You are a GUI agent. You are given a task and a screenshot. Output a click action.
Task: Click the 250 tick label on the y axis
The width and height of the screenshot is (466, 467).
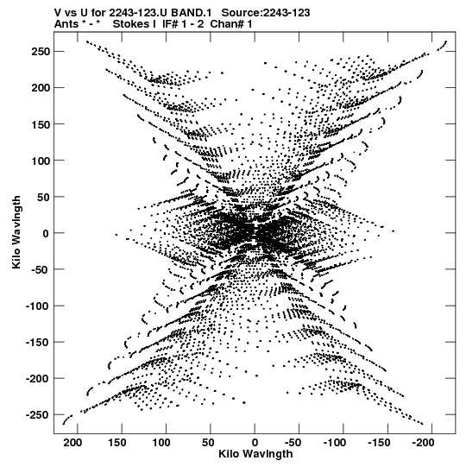click(x=41, y=52)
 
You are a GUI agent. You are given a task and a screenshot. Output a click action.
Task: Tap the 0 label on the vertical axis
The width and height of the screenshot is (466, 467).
click(x=46, y=233)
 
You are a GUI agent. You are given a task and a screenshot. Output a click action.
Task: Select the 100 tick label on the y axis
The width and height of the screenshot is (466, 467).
click(x=41, y=161)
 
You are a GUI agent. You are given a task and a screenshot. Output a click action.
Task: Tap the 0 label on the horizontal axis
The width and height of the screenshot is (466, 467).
click(x=255, y=443)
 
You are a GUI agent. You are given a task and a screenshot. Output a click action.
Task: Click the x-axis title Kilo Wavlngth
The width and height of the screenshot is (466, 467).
click(x=255, y=454)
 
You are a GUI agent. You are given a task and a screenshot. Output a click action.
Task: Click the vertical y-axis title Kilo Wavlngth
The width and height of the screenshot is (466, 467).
click(x=16, y=232)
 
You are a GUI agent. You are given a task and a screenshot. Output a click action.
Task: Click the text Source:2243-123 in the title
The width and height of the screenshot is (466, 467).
click(x=266, y=13)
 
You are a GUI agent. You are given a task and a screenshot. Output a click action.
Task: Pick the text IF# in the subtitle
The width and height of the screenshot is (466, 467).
click(x=170, y=24)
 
